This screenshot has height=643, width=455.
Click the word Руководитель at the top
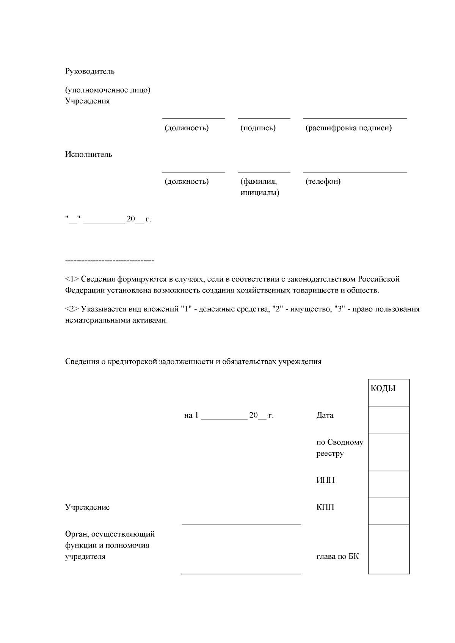tap(90, 71)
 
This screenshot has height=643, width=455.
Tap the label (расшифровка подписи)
tap(348, 128)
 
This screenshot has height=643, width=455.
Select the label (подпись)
tap(258, 128)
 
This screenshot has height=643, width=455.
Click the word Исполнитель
tap(89, 155)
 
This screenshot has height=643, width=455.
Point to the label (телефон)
tap(323, 181)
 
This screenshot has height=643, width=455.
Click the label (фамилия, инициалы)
tap(260, 187)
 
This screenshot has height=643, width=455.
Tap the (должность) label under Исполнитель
tap(187, 181)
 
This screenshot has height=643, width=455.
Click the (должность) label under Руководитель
tap(187, 128)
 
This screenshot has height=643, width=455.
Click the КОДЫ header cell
tap(389, 392)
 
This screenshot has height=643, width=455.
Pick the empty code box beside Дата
tap(389, 419)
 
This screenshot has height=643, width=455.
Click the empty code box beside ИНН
tap(389, 484)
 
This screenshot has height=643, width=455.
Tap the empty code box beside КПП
tap(389, 511)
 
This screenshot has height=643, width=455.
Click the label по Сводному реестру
tap(339, 448)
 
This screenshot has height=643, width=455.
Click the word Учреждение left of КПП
tap(87, 507)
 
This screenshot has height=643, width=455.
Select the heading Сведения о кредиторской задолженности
tap(193, 361)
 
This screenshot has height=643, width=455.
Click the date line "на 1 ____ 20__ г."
tap(229, 416)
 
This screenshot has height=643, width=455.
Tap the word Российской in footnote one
tap(378, 279)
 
